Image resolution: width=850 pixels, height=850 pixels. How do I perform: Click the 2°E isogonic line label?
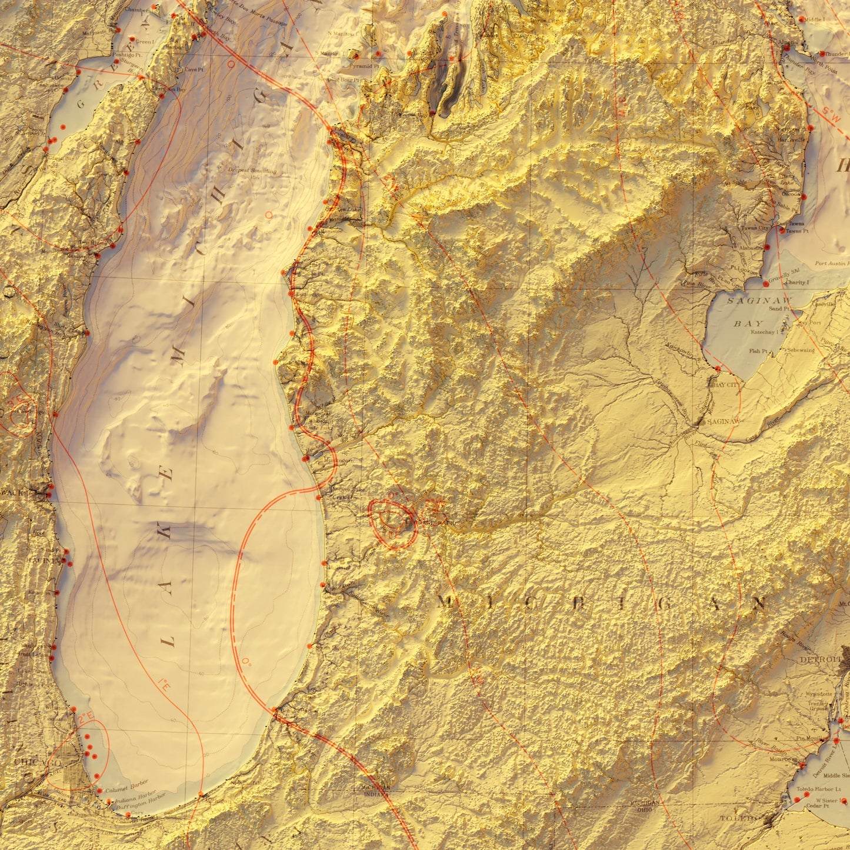pyautogui.click(x=86, y=717)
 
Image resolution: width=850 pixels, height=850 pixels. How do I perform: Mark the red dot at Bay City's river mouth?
pyautogui.click(x=718, y=368)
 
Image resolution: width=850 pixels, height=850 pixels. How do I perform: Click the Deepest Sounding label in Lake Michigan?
pyautogui.click(x=256, y=171)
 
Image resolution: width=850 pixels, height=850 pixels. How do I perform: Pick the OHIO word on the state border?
pyautogui.click(x=644, y=809)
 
